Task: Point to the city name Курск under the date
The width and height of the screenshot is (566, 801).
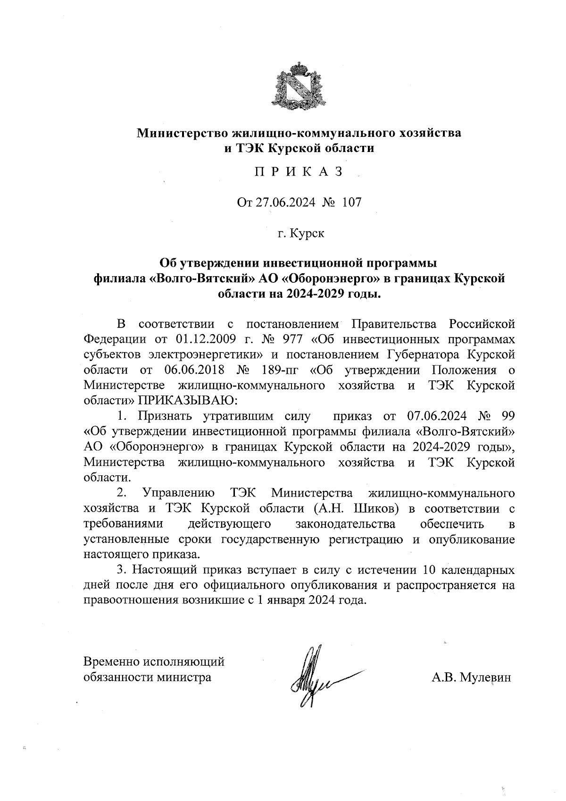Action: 307,233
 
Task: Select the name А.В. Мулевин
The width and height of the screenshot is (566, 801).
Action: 471,678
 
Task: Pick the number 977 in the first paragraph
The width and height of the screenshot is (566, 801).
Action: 295,339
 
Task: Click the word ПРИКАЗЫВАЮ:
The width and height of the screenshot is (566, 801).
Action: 188,400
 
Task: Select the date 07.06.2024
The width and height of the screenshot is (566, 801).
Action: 436,416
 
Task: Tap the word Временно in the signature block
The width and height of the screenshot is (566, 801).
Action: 112,662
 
